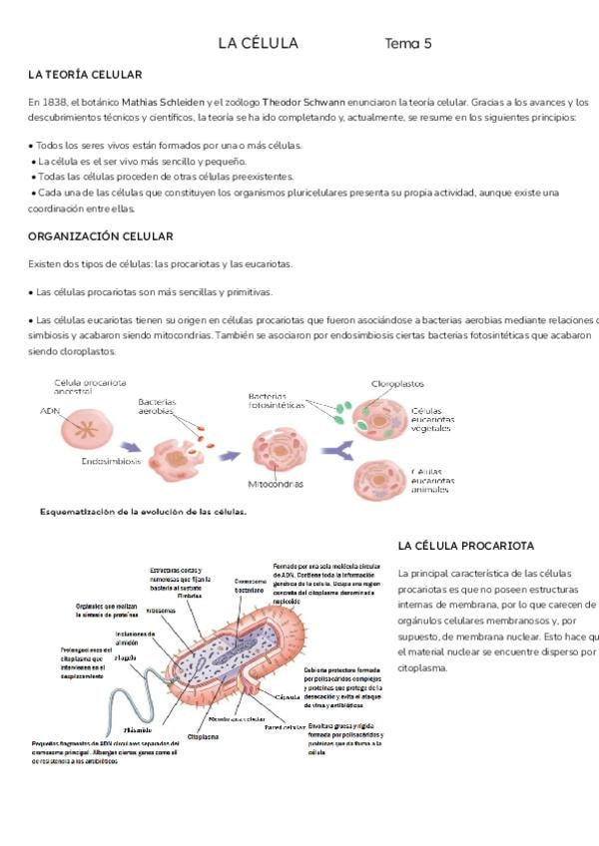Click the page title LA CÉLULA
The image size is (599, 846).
pyautogui.click(x=258, y=43)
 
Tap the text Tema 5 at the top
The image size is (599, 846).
pyautogui.click(x=408, y=43)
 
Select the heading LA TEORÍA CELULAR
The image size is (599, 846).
pyautogui.click(x=85, y=75)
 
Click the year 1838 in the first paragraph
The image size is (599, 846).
pyautogui.click(x=54, y=102)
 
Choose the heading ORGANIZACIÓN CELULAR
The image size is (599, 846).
pyautogui.click(x=101, y=236)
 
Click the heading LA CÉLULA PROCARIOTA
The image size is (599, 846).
pyautogui.click(x=465, y=546)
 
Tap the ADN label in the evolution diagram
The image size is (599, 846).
pyautogui.click(x=49, y=409)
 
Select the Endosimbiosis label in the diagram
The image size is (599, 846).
pyautogui.click(x=111, y=462)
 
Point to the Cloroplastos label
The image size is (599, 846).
pyautogui.click(x=397, y=383)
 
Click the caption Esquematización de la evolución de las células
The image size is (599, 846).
pyautogui.click(x=143, y=512)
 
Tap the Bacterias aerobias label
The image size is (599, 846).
pyautogui.click(x=157, y=406)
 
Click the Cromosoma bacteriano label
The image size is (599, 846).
pyautogui.click(x=249, y=586)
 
